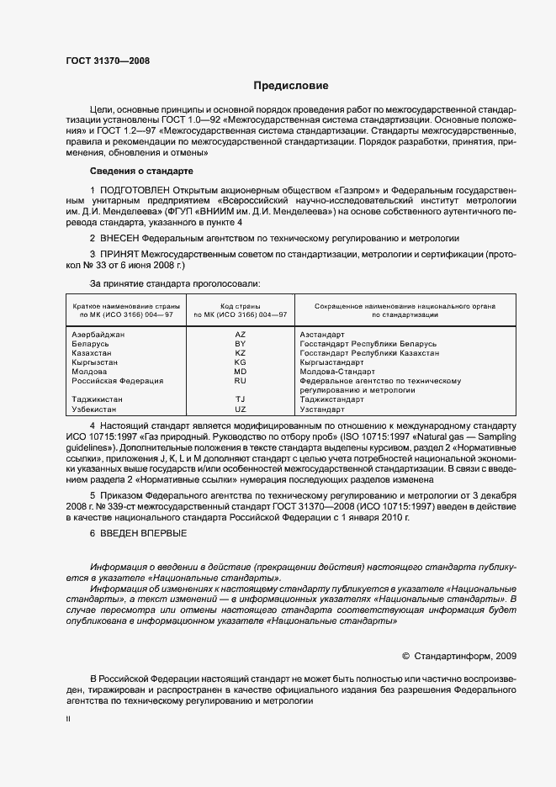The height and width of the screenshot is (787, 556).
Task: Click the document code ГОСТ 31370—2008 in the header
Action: point(107,61)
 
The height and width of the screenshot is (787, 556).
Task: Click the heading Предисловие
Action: point(291,86)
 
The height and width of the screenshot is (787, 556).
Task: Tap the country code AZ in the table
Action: point(240,335)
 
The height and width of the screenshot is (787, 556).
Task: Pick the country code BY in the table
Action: point(240,344)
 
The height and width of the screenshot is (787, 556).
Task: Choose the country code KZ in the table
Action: point(240,353)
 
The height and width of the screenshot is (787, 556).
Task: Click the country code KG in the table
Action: point(240,362)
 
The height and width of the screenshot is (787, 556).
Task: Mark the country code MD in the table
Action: point(240,372)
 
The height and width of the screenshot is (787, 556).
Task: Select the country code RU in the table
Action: point(240,381)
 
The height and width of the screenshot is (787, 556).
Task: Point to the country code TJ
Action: point(240,399)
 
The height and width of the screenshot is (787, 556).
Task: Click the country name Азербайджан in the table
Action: point(99,335)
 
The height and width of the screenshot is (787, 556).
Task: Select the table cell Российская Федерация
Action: point(118,381)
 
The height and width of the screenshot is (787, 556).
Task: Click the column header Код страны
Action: point(240,306)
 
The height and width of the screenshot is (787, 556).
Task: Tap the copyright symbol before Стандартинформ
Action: point(405,655)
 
